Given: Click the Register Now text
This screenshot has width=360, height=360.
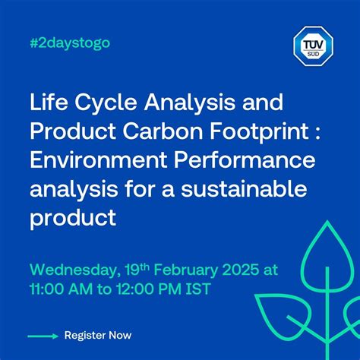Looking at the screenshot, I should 98,335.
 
